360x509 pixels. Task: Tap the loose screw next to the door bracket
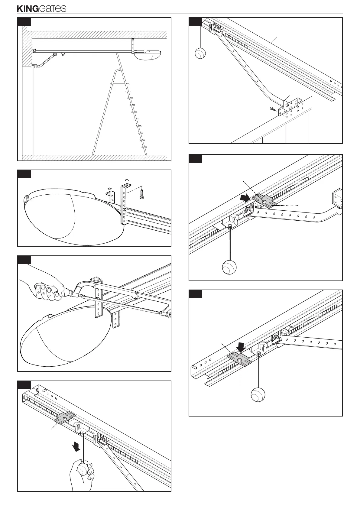pos(273,108)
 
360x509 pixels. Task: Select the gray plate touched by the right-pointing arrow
pos(264,201)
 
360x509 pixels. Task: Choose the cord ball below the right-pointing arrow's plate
pos(229,267)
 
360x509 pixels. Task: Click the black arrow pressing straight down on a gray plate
pos(242,347)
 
